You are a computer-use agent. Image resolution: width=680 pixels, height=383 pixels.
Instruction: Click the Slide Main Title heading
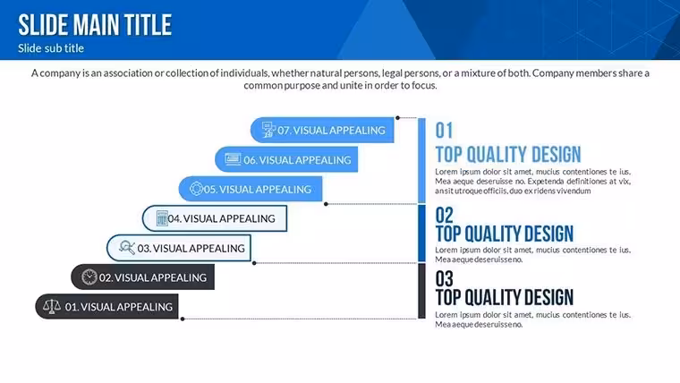pyautogui.click(x=95, y=25)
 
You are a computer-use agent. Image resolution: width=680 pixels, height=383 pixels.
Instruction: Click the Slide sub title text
pyautogui.click(x=51, y=48)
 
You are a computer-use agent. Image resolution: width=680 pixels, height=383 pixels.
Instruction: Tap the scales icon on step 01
pyautogui.click(x=52, y=306)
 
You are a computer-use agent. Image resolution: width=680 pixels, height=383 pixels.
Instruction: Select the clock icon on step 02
pyautogui.click(x=89, y=277)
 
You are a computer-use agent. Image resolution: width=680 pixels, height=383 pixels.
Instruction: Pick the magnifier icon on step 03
pyautogui.click(x=127, y=248)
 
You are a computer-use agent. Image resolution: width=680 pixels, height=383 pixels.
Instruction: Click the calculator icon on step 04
pyautogui.click(x=162, y=218)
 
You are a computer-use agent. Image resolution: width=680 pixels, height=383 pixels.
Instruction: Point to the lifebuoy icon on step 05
pyautogui.click(x=196, y=189)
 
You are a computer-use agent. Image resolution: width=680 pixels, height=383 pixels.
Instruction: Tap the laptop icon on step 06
pyautogui.click(x=233, y=159)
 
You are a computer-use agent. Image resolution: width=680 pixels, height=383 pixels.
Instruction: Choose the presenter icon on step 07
pyautogui.click(x=268, y=130)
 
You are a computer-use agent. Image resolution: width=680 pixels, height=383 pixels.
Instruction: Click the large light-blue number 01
pyautogui.click(x=444, y=131)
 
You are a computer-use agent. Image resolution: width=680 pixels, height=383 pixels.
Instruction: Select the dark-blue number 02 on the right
pyautogui.click(x=444, y=215)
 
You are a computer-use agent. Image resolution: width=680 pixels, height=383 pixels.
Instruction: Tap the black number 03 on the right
pyautogui.click(x=444, y=279)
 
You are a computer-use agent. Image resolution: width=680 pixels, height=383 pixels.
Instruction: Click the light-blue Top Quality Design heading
pyautogui.click(x=508, y=155)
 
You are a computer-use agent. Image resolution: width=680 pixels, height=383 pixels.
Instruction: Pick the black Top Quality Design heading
pyautogui.click(x=505, y=298)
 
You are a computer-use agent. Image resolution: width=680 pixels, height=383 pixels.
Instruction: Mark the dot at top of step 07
pyautogui.click(x=397, y=117)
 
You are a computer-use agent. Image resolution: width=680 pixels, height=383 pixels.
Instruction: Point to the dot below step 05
pyautogui.click(x=326, y=204)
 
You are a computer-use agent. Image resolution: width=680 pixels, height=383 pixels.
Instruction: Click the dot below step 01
pyautogui.click(x=183, y=319)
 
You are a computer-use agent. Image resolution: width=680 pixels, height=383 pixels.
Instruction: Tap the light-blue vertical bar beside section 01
pyautogui.click(x=421, y=160)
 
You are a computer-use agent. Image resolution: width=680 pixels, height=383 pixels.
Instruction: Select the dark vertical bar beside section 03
pyautogui.click(x=421, y=291)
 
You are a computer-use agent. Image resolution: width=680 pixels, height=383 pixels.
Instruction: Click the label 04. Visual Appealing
pyautogui.click(x=221, y=218)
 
